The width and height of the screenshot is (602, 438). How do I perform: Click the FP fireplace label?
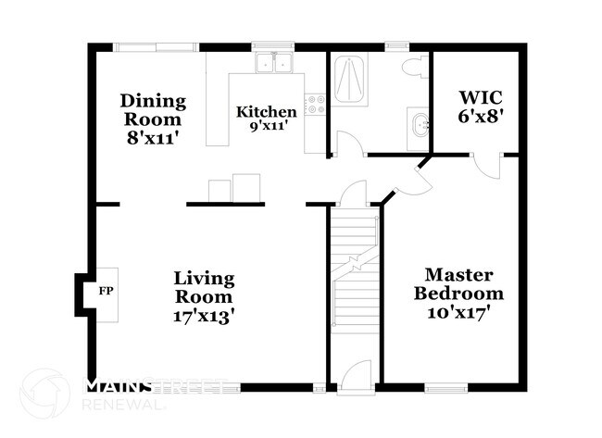(x=104, y=290)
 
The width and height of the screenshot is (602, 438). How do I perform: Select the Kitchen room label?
(x=266, y=112)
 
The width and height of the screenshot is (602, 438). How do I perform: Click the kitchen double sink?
(x=274, y=64)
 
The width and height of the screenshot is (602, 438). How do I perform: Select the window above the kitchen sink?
(x=273, y=44)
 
